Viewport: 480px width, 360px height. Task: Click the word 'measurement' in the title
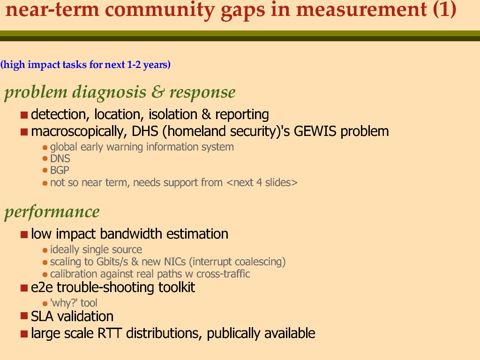[x=361, y=9]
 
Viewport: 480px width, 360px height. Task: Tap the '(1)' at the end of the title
[x=444, y=9]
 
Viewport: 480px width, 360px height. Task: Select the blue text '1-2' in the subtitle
[x=134, y=65]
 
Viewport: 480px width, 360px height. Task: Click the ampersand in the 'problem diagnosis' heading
[x=157, y=92]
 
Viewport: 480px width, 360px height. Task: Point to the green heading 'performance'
[x=52, y=212]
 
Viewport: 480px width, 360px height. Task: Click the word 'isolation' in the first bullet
[x=173, y=114]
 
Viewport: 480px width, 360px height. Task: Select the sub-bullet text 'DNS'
[x=60, y=158]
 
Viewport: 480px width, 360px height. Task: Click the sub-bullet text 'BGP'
[x=60, y=170]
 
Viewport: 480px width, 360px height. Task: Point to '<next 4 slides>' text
[x=262, y=182]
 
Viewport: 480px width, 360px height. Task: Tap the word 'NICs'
[x=175, y=262]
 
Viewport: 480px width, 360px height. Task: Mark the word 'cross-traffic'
[x=223, y=274]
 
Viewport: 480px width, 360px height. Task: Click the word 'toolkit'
[x=177, y=287]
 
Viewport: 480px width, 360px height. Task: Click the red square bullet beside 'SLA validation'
[x=24, y=316]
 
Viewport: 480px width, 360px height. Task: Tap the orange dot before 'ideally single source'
[x=45, y=250]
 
